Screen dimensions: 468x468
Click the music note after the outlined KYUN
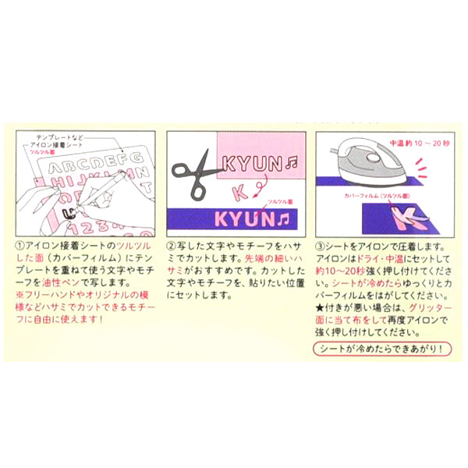[294, 165]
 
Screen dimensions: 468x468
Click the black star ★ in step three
[319, 308]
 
